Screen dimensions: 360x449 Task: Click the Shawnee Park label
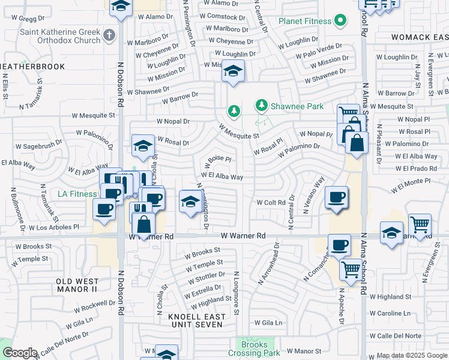(x=297, y=106)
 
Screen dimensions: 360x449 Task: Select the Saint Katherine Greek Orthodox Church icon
(x=109, y=35)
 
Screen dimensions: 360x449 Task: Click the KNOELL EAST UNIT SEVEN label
(x=197, y=320)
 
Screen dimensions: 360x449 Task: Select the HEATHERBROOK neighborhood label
(x=32, y=66)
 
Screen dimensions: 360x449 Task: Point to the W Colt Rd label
(x=271, y=203)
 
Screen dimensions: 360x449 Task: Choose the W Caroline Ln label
(x=390, y=313)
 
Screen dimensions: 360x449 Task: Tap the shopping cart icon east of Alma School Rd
(x=420, y=225)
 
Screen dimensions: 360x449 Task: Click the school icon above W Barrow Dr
(x=233, y=71)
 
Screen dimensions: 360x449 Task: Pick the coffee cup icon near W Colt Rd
(x=336, y=197)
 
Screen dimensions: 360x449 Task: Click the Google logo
(x=20, y=353)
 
